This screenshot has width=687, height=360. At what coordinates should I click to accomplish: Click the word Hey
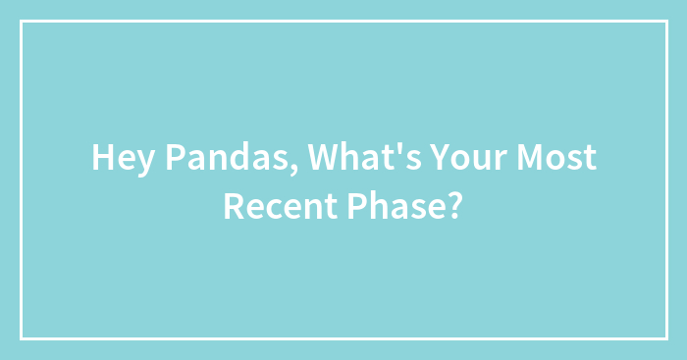[x=119, y=158]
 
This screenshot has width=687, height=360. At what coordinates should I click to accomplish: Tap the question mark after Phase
[x=456, y=206]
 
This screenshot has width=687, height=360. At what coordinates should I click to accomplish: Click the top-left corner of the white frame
[x=22, y=22]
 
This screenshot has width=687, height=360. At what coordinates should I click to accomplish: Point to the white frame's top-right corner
[x=665, y=22]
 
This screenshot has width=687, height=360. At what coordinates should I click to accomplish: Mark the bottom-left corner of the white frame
[x=22, y=338]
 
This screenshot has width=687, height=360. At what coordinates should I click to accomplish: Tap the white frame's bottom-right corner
[x=665, y=338]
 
